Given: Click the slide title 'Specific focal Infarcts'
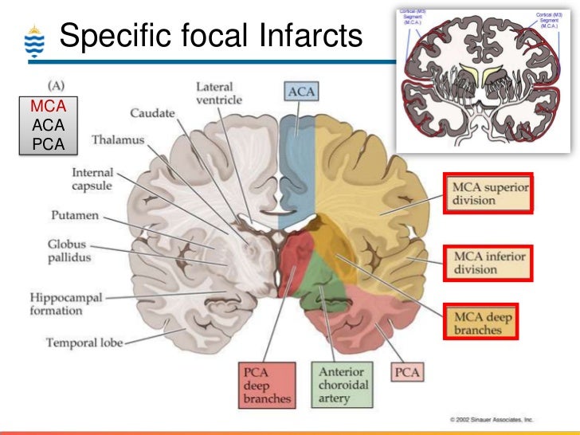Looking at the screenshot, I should [x=210, y=36].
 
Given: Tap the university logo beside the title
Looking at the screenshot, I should [x=33, y=42].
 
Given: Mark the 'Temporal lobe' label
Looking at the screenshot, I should [x=84, y=343].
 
